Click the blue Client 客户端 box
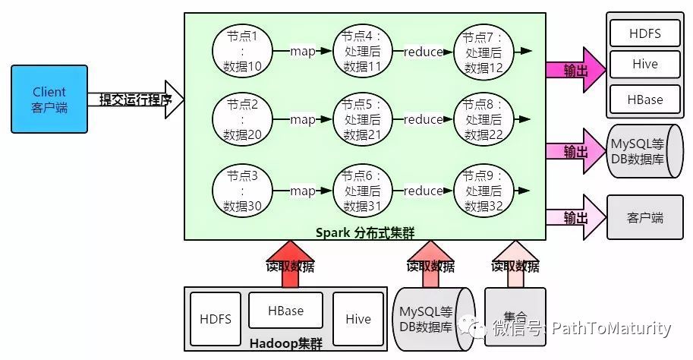49,99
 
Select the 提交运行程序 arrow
137,99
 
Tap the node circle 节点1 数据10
242,52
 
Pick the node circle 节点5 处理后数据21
362,120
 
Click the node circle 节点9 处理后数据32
484,191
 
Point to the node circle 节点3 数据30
242,191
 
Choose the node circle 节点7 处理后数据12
484,52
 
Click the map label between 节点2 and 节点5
303,120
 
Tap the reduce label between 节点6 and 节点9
423,191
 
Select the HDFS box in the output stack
644,33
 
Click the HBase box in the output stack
644,99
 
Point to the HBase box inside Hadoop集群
285,311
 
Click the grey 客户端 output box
645,218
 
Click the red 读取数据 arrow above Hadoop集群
290,264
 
